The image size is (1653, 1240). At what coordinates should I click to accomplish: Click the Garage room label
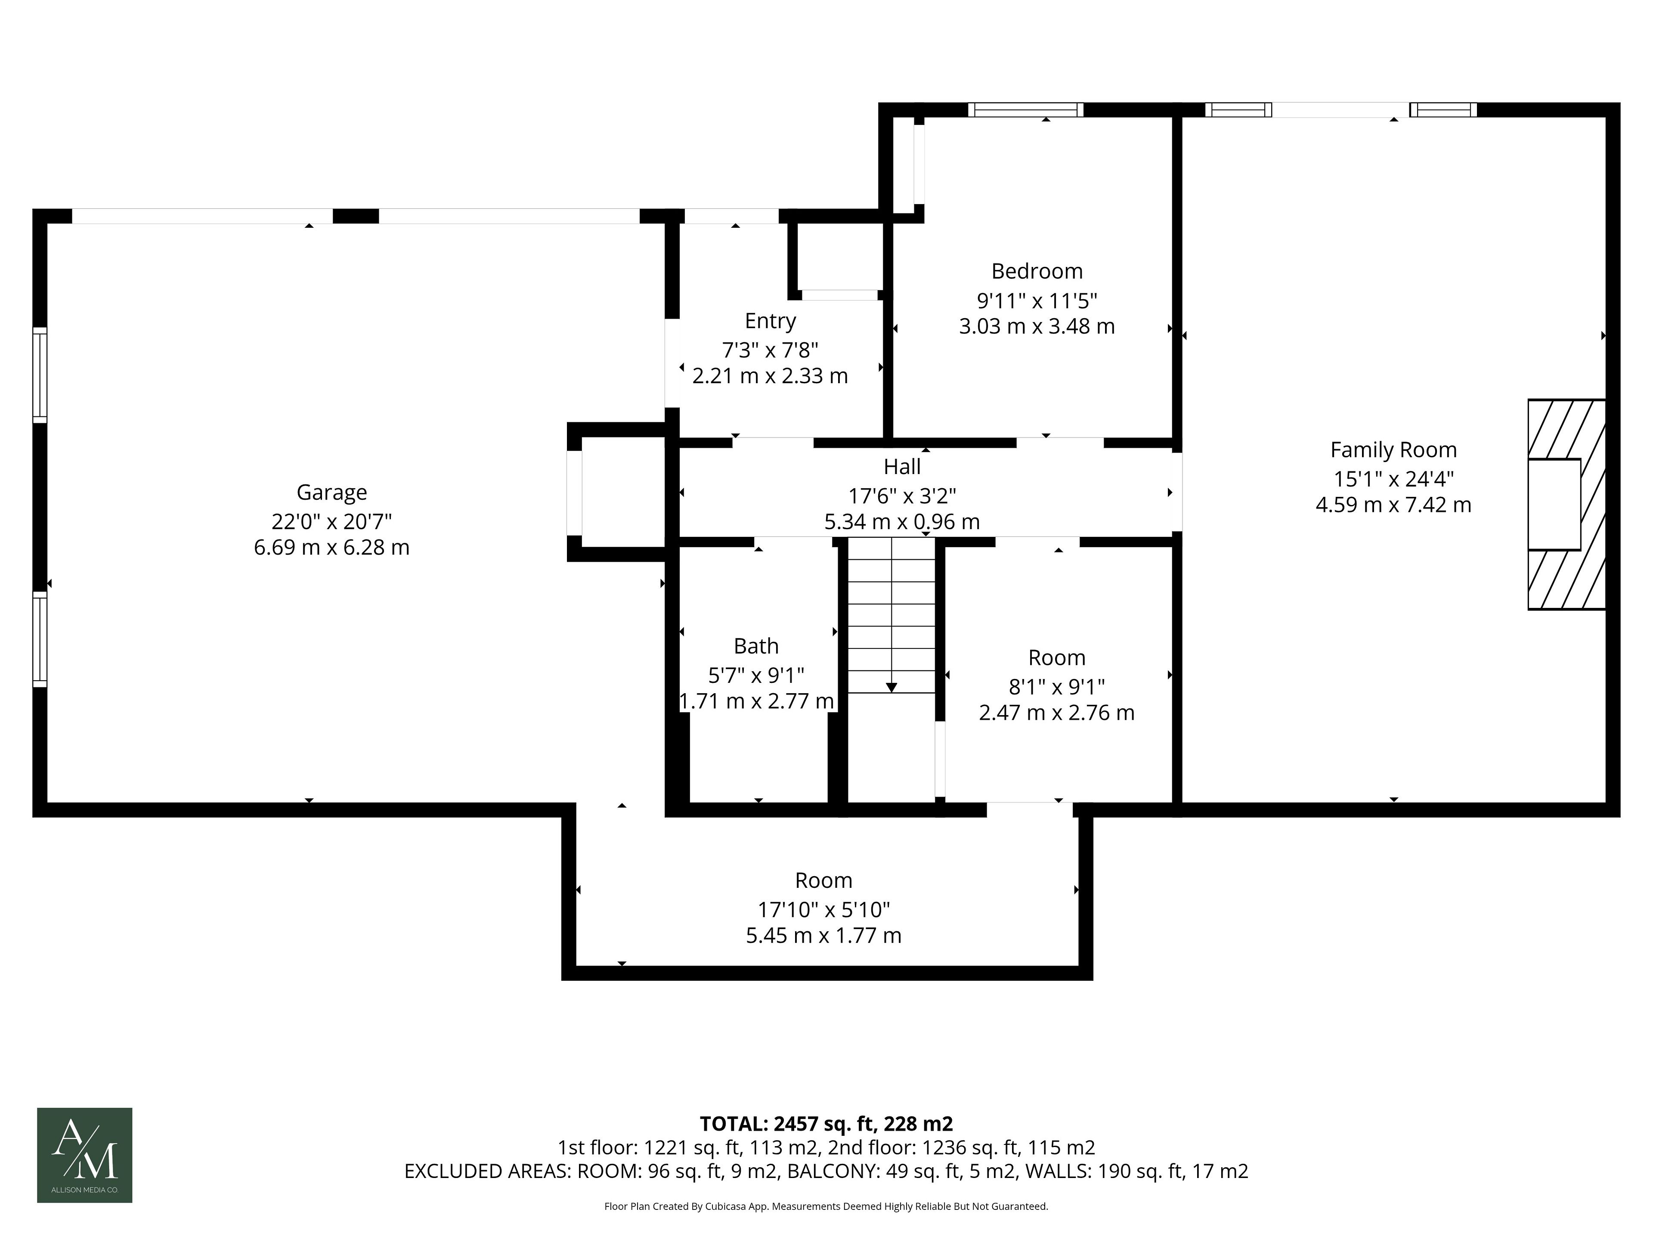pos(332,493)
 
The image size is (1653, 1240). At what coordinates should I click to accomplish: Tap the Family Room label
pos(1394,450)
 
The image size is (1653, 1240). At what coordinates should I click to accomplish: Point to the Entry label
pos(771,321)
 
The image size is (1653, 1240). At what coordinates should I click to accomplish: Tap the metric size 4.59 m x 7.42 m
pos(1394,505)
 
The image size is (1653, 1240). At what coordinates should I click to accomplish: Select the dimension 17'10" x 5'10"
pos(823,910)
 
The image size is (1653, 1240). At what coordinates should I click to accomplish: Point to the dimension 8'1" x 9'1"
pos(1057,686)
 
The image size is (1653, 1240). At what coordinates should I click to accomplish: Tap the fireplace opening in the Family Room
pos(1554,505)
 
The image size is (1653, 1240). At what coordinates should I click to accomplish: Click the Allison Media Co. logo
pos(84,1156)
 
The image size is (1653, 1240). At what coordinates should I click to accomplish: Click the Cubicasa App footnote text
pos(826,1206)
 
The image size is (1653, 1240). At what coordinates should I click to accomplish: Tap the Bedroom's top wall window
pos(1026,110)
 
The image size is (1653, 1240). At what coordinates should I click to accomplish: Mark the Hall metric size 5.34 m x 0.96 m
pos(902,522)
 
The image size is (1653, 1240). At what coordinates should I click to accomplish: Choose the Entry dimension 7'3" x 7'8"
pos(771,350)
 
